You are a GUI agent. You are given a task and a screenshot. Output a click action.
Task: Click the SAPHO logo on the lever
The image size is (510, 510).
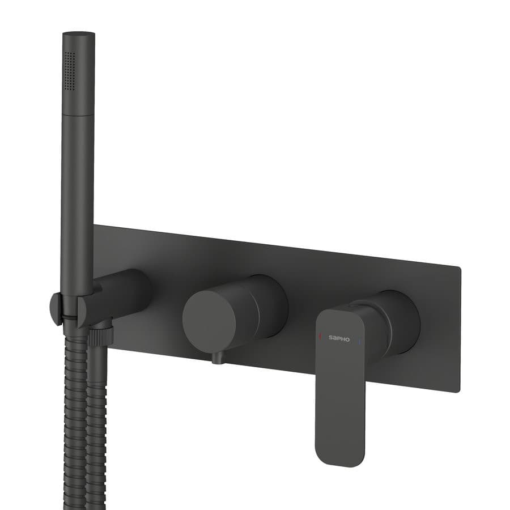[x=339, y=338]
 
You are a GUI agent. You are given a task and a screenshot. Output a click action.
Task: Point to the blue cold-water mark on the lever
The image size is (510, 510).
[x=359, y=342]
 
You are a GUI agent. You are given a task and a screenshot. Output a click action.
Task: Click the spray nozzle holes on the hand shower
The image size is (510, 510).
[x=70, y=70]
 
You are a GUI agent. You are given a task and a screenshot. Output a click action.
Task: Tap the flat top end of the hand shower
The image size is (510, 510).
[x=78, y=33]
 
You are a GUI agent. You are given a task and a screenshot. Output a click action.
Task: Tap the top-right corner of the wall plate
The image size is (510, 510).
[x=460, y=267]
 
